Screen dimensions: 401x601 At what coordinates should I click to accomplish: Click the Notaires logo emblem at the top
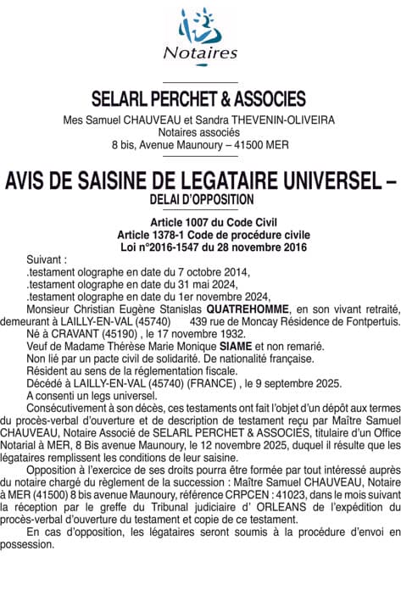click(x=200, y=25)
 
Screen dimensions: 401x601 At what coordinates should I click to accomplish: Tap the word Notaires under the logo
click(x=200, y=53)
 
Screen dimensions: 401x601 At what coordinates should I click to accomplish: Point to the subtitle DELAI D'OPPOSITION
click(x=200, y=199)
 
